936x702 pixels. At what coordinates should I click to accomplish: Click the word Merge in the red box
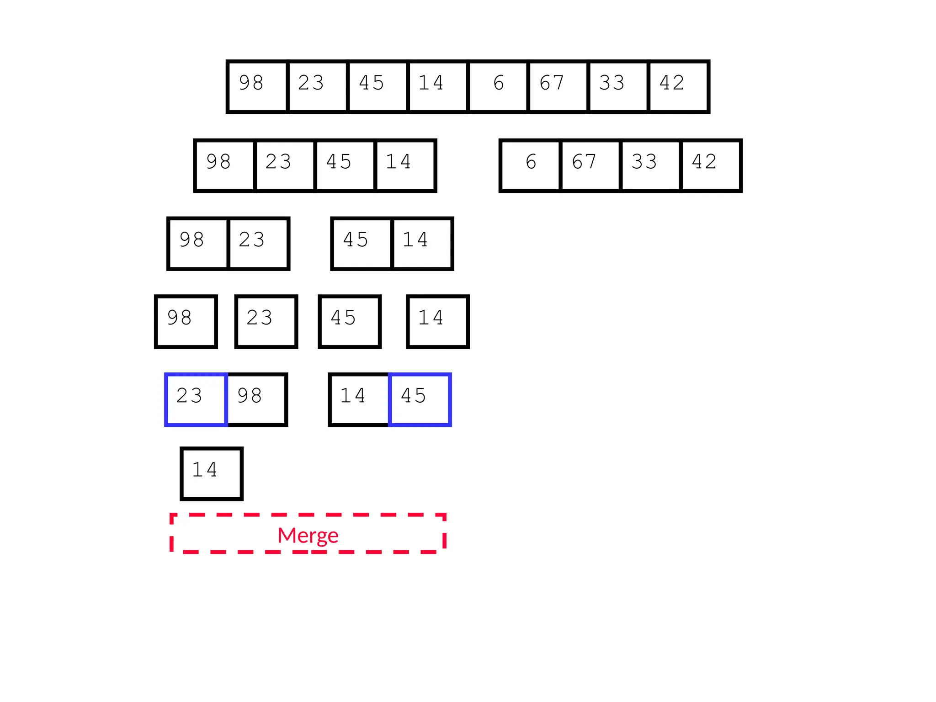click(308, 535)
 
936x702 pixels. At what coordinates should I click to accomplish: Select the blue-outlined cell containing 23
click(196, 399)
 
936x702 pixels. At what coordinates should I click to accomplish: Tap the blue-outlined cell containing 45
click(420, 399)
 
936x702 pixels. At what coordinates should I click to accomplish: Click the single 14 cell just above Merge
click(211, 473)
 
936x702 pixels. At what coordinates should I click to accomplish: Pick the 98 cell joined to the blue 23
click(256, 399)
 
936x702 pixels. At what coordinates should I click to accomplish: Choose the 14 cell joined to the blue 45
click(359, 399)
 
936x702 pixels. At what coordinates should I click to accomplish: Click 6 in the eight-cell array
click(498, 86)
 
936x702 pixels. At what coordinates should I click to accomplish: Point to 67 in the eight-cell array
click(558, 86)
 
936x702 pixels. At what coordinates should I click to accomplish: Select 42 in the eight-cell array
click(678, 86)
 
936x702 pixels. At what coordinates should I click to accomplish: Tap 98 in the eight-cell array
click(258, 86)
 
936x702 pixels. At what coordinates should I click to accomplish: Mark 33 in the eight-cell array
click(618, 86)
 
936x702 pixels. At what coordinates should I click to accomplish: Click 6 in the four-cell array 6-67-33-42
click(531, 165)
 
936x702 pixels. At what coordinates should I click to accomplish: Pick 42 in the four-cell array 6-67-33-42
click(710, 165)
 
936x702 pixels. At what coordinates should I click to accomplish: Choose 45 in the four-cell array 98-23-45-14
click(345, 165)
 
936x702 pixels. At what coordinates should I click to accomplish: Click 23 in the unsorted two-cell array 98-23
click(258, 244)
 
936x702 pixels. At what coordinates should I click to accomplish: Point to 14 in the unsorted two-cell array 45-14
click(422, 244)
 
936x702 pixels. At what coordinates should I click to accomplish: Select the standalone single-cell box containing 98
click(186, 321)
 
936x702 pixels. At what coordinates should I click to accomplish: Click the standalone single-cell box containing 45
click(350, 321)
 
